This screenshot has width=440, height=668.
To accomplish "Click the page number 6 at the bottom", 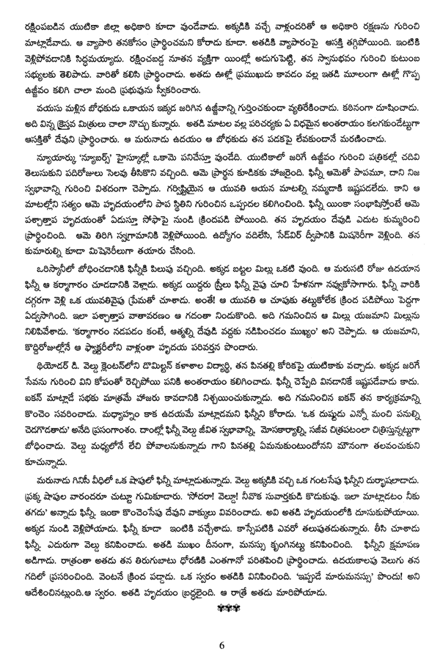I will pyautogui.click(x=220, y=645).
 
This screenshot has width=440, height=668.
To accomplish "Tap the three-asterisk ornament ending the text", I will pyautogui.click(x=220, y=609).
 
